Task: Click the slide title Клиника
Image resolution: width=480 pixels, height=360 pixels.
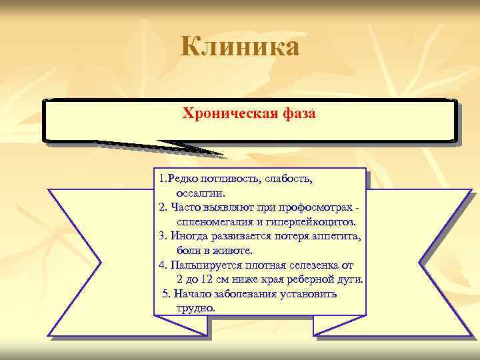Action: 240,47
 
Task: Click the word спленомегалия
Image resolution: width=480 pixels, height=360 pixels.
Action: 213,222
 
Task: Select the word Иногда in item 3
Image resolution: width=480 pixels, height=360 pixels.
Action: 189,236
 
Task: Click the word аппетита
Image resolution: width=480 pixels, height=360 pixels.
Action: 333,236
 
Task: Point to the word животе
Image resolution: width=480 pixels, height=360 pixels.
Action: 233,251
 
